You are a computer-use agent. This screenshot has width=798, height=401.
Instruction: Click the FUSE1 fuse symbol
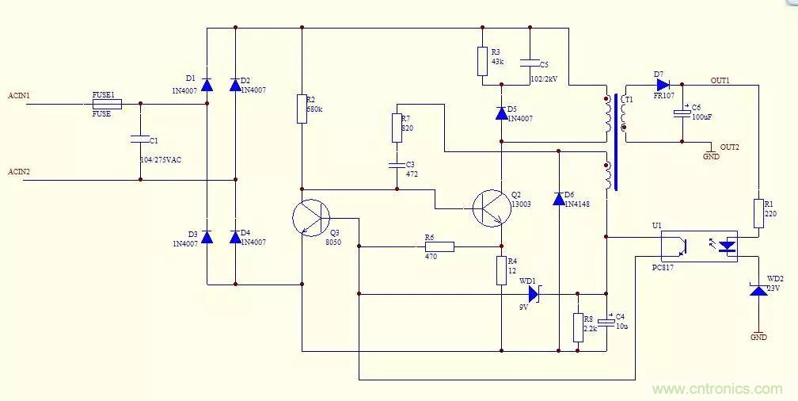tap(107, 104)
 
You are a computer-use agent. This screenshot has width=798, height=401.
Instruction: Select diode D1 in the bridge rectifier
tap(207, 84)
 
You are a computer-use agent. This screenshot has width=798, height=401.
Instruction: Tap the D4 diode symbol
tap(235, 237)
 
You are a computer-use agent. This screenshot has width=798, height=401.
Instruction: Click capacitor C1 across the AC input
tap(140, 140)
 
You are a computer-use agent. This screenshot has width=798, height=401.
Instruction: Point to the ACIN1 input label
tap(19, 96)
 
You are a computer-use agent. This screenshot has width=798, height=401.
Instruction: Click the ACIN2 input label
tap(19, 172)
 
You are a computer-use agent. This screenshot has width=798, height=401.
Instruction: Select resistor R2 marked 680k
tap(302, 109)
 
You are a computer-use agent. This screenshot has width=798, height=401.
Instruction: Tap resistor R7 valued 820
tap(397, 127)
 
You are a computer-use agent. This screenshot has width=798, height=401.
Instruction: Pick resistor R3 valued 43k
tap(482, 61)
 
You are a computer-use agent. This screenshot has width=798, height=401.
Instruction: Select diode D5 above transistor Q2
tap(501, 113)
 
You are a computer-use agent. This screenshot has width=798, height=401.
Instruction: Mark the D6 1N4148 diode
tap(559, 198)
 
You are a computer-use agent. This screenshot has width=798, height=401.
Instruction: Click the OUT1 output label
tap(720, 81)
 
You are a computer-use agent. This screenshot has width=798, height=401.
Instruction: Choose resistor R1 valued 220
tap(758, 212)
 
